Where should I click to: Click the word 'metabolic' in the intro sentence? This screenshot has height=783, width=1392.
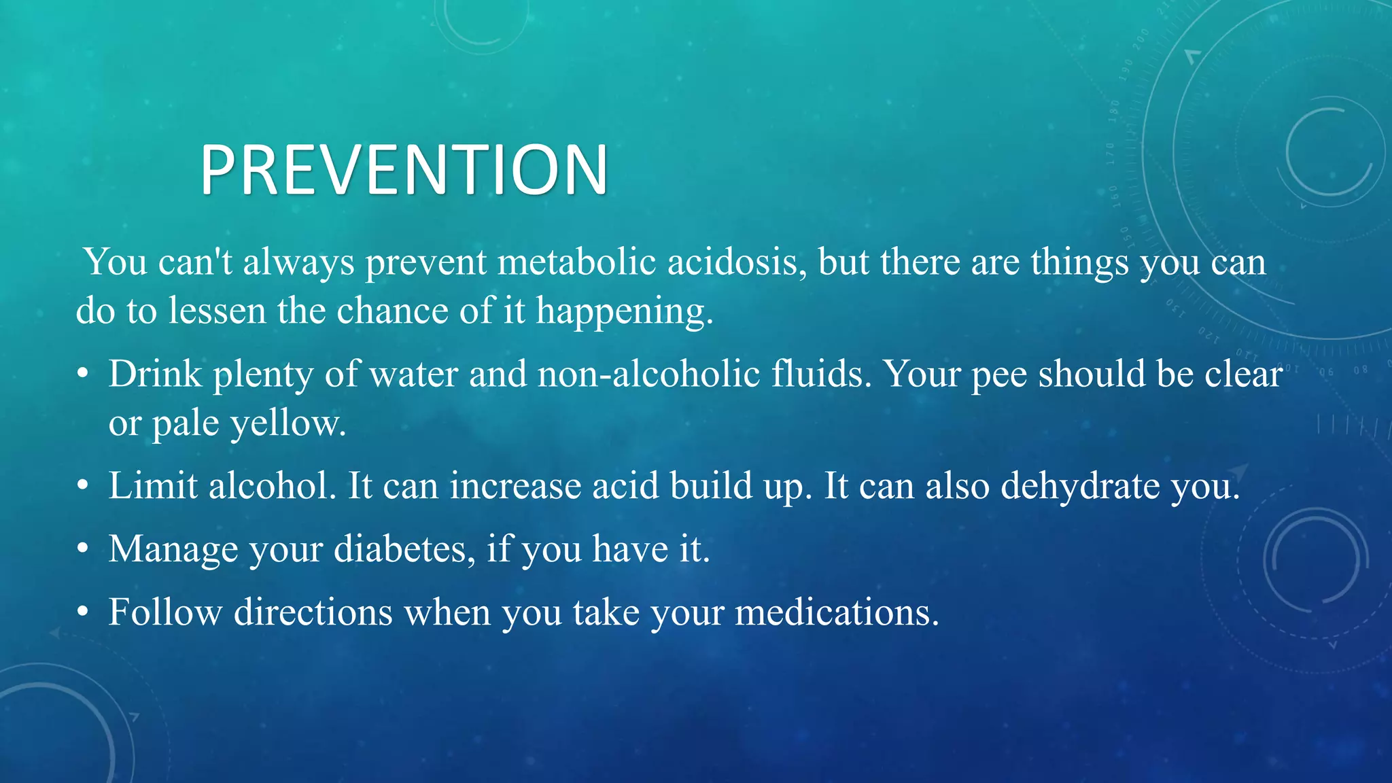576,262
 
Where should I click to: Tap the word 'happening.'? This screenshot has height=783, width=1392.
625,311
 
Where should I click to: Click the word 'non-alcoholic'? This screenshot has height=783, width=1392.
648,375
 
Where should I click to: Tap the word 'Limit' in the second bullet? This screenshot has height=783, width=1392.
153,486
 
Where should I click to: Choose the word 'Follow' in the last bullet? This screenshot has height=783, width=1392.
165,612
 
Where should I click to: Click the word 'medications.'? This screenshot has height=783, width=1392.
837,612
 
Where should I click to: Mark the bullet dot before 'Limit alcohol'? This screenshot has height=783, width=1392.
83,487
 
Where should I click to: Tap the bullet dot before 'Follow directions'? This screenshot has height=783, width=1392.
83,612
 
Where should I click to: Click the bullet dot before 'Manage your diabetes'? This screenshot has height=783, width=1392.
83,549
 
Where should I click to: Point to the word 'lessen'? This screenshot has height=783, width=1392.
217,311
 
